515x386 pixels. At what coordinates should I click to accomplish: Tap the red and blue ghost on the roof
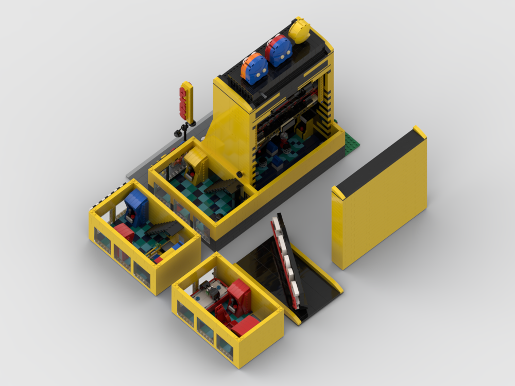(279, 50)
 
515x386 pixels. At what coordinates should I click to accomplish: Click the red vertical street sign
(186, 102)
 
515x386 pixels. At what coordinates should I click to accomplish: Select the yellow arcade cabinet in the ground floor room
(196, 164)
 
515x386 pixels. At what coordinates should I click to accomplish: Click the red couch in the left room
(124, 231)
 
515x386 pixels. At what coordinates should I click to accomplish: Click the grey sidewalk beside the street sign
(154, 154)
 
